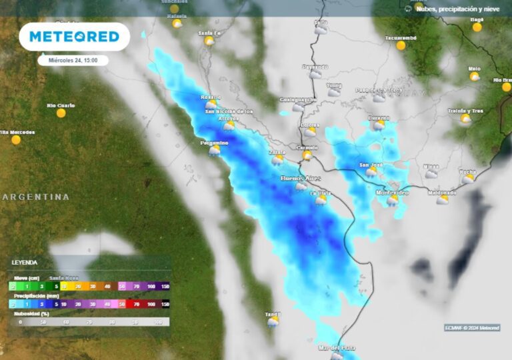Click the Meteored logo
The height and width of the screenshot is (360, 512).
click(74, 37)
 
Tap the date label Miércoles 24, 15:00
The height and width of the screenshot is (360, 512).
click(73, 60)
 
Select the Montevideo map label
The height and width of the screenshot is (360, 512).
click(392, 192)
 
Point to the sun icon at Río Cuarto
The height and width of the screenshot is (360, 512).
click(61, 113)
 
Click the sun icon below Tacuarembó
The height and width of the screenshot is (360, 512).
click(401, 45)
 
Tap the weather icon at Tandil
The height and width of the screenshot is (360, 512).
click(273, 321)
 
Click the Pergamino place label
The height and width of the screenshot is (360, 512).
click(214, 143)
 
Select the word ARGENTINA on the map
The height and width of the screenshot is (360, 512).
click(37, 197)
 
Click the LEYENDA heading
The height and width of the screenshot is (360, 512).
click(25, 262)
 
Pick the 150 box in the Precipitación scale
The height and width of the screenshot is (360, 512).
click(165, 303)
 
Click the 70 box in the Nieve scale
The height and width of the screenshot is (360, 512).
click(137, 286)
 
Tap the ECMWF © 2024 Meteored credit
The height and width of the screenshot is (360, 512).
click(472, 327)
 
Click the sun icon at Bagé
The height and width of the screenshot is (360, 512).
click(477, 27)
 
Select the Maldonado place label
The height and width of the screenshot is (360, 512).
click(442, 193)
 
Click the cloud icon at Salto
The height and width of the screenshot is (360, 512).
click(321, 29)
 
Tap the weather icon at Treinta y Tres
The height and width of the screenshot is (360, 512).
click(465, 119)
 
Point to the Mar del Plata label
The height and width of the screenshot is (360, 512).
click(337, 347)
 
